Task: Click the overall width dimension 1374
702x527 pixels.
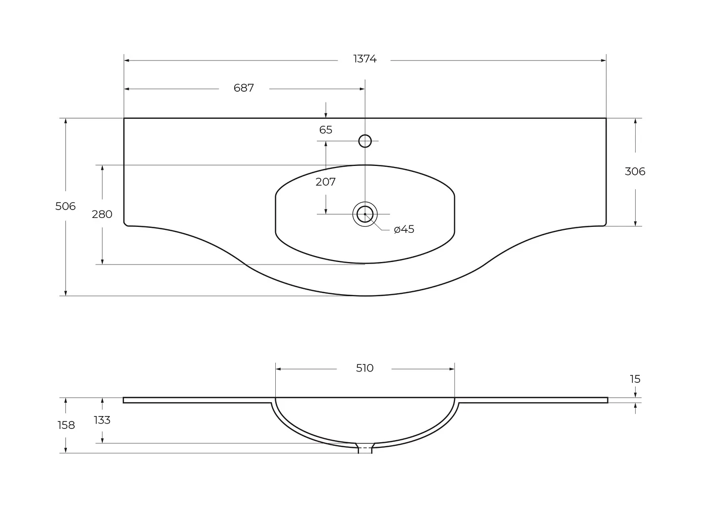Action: pyautogui.click(x=364, y=59)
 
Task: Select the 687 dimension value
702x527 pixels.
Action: pyautogui.click(x=244, y=88)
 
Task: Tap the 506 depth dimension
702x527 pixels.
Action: pyautogui.click(x=65, y=206)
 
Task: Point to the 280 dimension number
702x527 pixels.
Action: pyautogui.click(x=102, y=214)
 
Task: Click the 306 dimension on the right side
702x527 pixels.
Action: pyautogui.click(x=635, y=171)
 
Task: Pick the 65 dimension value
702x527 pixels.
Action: pyautogui.click(x=326, y=130)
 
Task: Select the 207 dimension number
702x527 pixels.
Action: pyautogui.click(x=326, y=182)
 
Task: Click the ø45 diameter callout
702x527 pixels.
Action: pyautogui.click(x=404, y=229)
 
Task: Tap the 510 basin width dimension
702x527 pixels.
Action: pyautogui.click(x=364, y=368)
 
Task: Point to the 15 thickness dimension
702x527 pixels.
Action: pyautogui.click(x=635, y=379)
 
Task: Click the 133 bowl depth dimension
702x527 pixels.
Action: pyautogui.click(x=102, y=420)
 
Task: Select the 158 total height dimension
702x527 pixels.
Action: pyautogui.click(x=66, y=425)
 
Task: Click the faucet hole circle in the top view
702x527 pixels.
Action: pyautogui.click(x=365, y=135)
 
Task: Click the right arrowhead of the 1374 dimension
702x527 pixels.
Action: pyautogui.click(x=603, y=60)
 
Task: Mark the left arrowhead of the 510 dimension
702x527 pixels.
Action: pyautogui.click(x=278, y=369)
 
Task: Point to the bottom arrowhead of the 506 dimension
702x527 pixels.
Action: pyautogui.click(x=65, y=293)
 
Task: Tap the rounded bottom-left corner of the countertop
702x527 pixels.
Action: pyautogui.click(x=126, y=224)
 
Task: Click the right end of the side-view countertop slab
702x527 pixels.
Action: pyautogui.click(x=607, y=400)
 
